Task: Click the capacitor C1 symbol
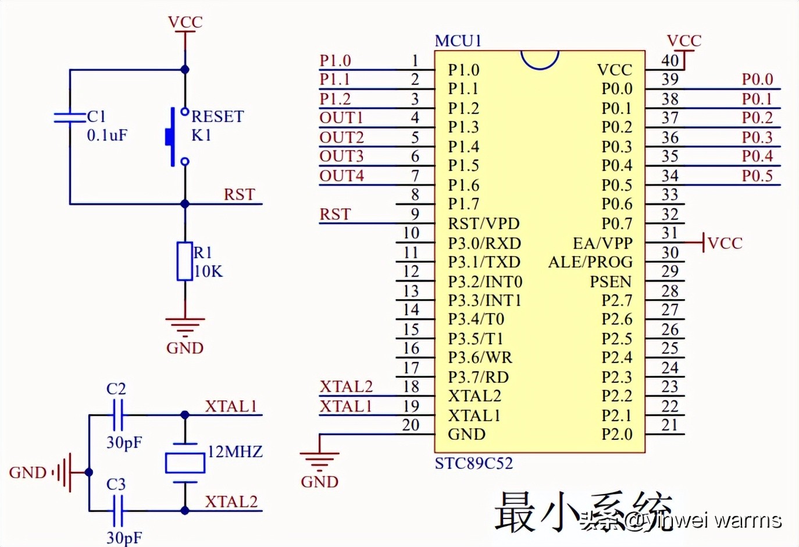coord(70,118)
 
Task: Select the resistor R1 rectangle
coord(185,261)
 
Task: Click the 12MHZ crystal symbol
coord(185,463)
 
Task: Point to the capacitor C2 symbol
coord(116,415)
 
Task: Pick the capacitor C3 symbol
coord(116,510)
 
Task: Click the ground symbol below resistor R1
coord(185,326)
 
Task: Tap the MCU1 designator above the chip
coord(458,41)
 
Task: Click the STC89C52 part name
coord(474,464)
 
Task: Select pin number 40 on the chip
coord(670,61)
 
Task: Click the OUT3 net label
coord(341,157)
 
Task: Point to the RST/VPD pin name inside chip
coord(483,224)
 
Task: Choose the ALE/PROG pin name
coord(590,262)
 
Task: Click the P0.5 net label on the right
coord(757,176)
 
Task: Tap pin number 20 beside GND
coord(411,425)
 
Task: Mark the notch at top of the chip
coord(540,59)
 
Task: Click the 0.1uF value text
coord(107,136)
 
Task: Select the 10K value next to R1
coord(208,272)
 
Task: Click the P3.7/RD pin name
coord(478,378)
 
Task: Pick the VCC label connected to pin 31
coord(725,243)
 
